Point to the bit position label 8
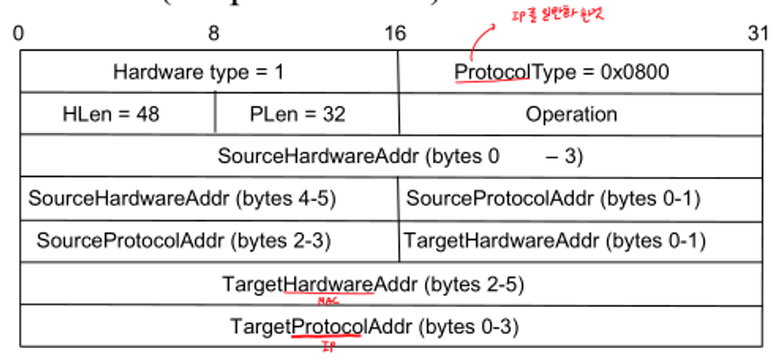pos(214,34)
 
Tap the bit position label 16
pos(396,34)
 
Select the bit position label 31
pos(757,34)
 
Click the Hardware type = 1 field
pos(198,73)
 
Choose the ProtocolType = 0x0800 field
pos(562,73)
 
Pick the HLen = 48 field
pos(111,114)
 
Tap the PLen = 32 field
pos(297,114)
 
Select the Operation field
pos(571,114)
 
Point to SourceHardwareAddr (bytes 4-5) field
pos(182,198)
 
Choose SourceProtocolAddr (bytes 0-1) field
pos(553,198)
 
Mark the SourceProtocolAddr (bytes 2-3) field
pos(183,240)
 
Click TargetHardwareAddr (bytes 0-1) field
pos(554,240)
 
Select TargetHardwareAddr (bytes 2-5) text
pos(373,283)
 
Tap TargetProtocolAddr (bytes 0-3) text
pos(374,325)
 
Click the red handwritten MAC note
pos(327,302)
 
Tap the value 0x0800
pos(635,73)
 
